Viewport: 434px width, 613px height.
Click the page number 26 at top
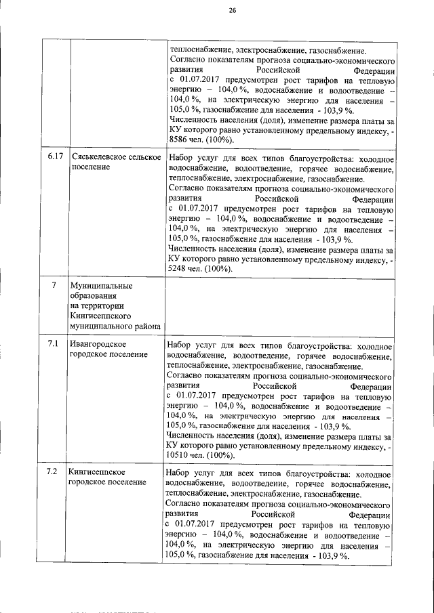pos(232,11)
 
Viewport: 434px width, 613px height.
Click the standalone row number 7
pos(54,285)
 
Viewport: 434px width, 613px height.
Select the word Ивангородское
pos(98,345)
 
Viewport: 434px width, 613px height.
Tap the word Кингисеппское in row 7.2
pos(97,471)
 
